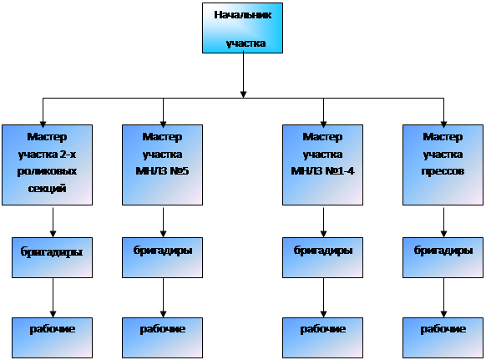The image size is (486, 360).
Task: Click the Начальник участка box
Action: point(242,28)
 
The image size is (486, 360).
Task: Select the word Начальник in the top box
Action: point(243,15)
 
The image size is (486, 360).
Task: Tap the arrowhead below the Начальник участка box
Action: point(243,94)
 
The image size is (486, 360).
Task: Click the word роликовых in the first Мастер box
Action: point(47,171)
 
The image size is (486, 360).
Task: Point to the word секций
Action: point(47,188)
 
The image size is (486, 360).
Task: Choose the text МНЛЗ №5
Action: point(162,171)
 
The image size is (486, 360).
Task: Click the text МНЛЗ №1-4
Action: point(322,171)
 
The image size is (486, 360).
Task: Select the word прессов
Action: point(443,171)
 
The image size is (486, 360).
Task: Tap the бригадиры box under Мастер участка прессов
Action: point(443,257)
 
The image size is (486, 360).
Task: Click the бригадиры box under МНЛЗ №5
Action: point(162,257)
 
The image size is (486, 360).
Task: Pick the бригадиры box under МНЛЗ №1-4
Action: point(322,257)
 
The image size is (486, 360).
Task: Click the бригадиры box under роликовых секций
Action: point(52,257)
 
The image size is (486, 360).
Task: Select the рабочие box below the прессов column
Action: point(443,337)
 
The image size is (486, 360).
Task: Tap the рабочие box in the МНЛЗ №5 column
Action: point(162,337)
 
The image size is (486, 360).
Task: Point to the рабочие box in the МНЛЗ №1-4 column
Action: point(322,337)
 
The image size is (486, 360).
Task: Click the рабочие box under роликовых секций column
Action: point(52,337)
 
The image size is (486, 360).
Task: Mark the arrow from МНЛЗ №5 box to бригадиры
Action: point(164,222)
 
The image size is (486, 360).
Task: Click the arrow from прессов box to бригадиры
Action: point(443,222)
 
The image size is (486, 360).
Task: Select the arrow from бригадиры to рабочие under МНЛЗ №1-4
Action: point(324,297)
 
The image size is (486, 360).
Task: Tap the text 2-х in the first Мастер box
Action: point(68,155)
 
